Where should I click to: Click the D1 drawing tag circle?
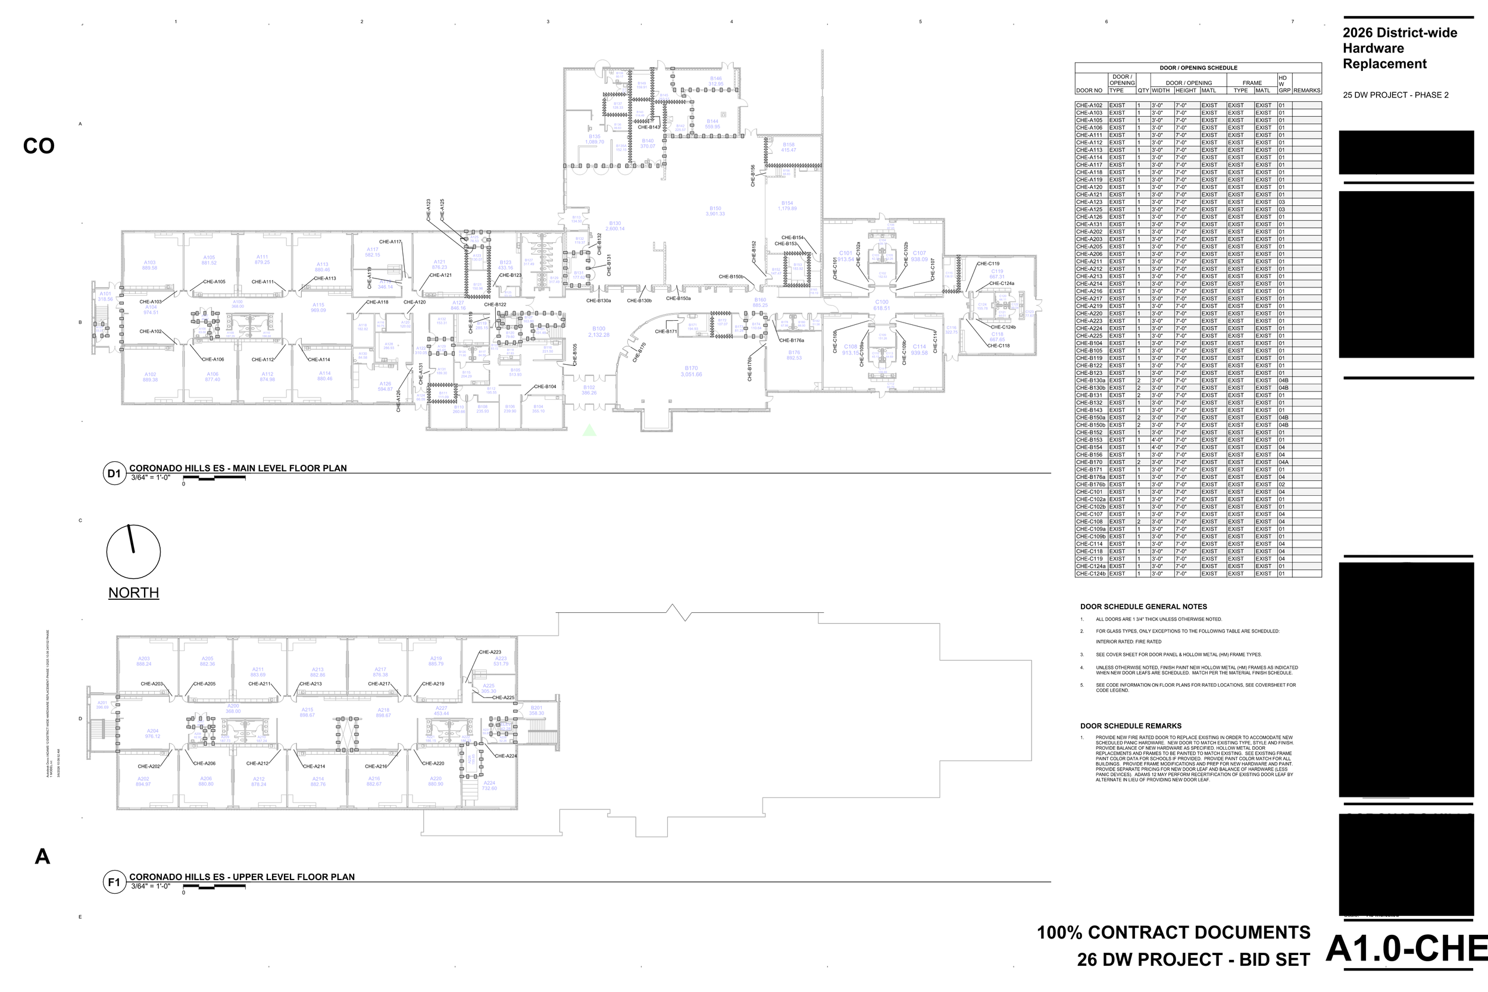click(x=114, y=473)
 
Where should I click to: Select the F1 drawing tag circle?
click(x=114, y=882)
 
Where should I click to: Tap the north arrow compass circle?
click(x=133, y=552)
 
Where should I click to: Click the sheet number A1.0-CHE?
click(x=1406, y=949)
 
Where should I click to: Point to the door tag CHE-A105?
click(x=214, y=281)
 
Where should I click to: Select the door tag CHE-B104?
click(x=545, y=387)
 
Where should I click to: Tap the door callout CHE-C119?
click(x=987, y=264)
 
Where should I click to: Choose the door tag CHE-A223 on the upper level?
click(x=490, y=652)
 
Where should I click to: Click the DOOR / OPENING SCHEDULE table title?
click(x=1198, y=68)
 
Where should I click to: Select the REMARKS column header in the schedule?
click(x=1306, y=90)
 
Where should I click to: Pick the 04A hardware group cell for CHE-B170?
click(x=1283, y=462)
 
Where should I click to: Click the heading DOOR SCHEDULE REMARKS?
click(x=1130, y=725)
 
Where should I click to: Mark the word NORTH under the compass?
click(x=133, y=593)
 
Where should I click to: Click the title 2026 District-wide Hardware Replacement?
click(x=1400, y=48)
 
